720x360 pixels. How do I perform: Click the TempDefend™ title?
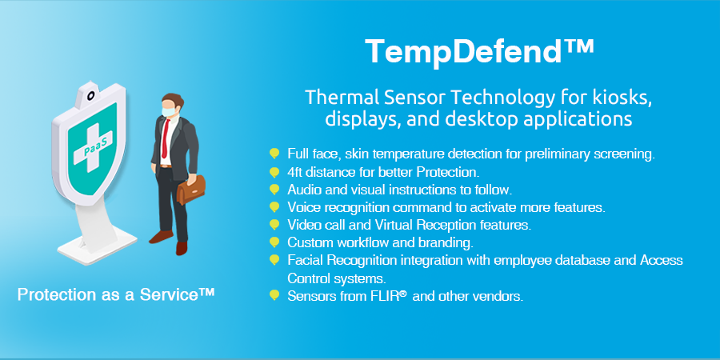point(479,51)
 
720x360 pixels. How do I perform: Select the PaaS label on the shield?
point(95,148)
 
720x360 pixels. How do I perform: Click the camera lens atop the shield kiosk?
point(91,95)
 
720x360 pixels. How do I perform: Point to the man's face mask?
point(168,110)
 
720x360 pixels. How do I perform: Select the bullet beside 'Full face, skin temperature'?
point(274,154)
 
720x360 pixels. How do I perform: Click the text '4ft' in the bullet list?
point(295,172)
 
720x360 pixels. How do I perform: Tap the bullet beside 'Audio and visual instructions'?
point(274,189)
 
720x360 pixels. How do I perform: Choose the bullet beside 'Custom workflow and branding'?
point(274,242)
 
